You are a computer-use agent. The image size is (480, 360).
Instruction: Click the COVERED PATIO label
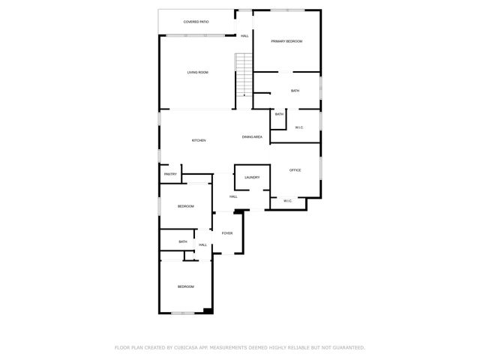click(196, 22)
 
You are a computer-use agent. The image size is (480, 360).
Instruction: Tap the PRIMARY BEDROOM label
click(286, 41)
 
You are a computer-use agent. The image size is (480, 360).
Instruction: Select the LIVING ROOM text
click(197, 72)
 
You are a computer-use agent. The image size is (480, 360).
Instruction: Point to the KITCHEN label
click(199, 141)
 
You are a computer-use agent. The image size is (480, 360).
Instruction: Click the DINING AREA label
click(252, 137)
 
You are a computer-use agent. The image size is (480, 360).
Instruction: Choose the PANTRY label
click(170, 175)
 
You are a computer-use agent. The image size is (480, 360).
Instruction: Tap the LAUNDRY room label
click(252, 177)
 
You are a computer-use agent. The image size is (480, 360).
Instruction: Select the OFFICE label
click(295, 170)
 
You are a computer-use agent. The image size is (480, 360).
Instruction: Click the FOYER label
click(226, 233)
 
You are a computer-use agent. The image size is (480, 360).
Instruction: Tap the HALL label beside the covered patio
click(244, 36)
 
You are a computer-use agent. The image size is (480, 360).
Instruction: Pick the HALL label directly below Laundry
click(233, 196)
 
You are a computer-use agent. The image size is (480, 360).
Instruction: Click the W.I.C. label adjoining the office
click(288, 201)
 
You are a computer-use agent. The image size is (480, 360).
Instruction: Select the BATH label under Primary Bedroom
click(295, 91)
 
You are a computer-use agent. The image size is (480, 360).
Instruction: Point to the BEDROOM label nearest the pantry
click(185, 206)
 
